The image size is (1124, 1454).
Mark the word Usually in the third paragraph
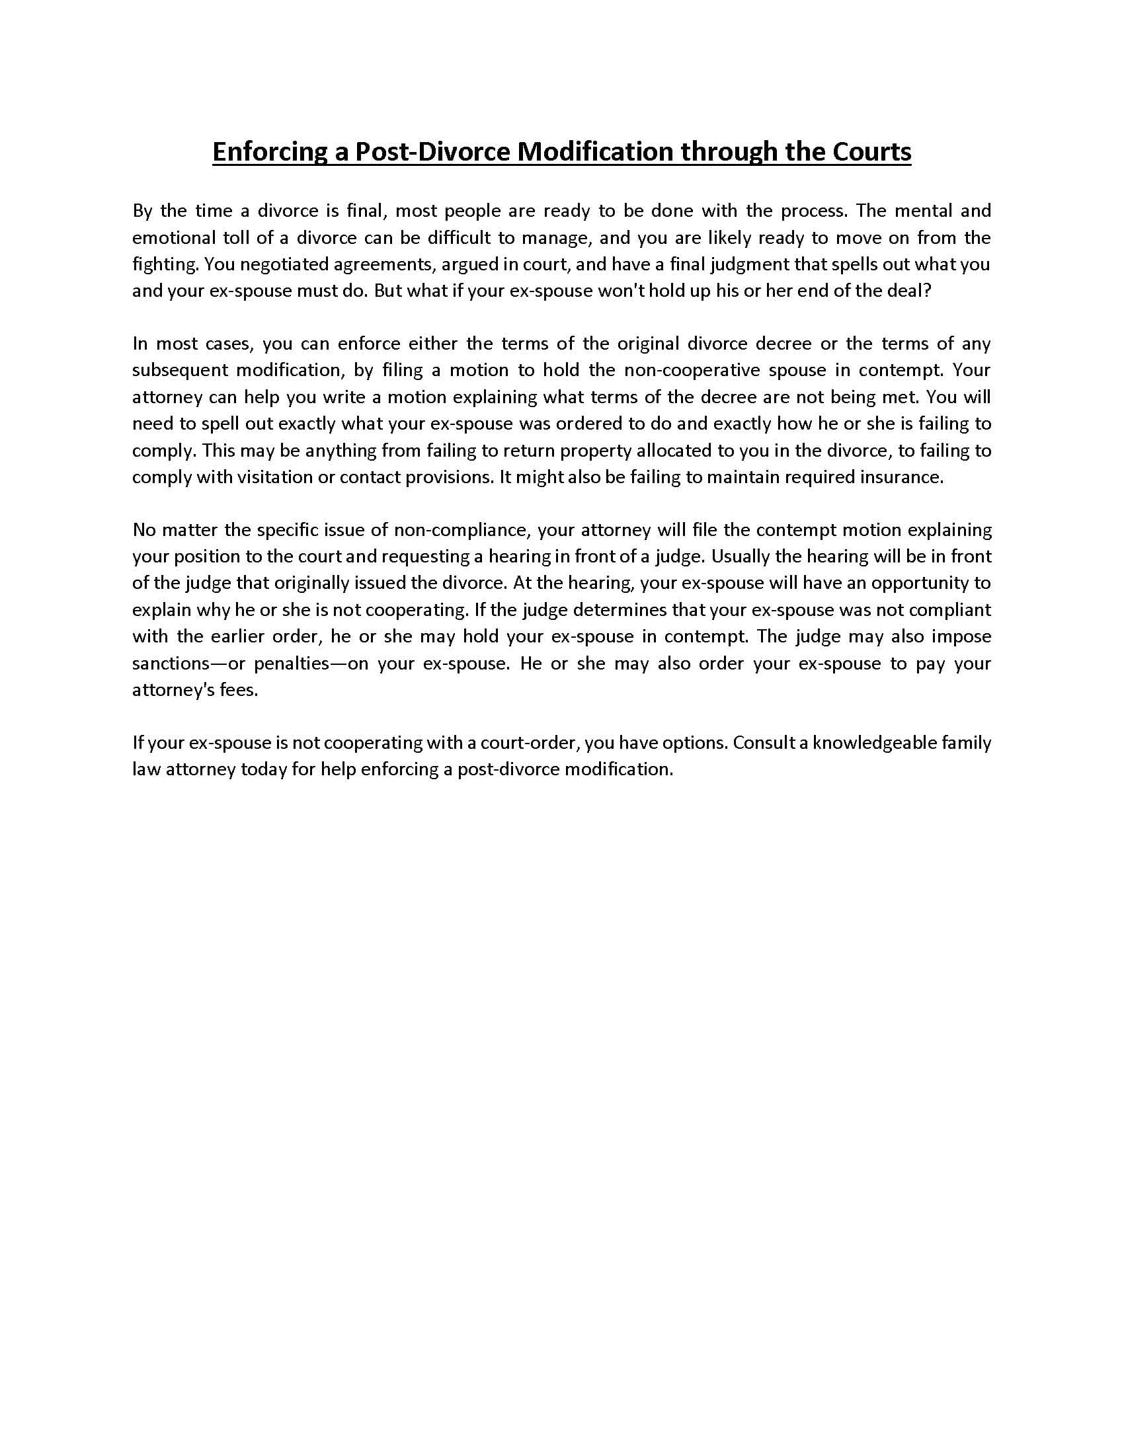[743, 556]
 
